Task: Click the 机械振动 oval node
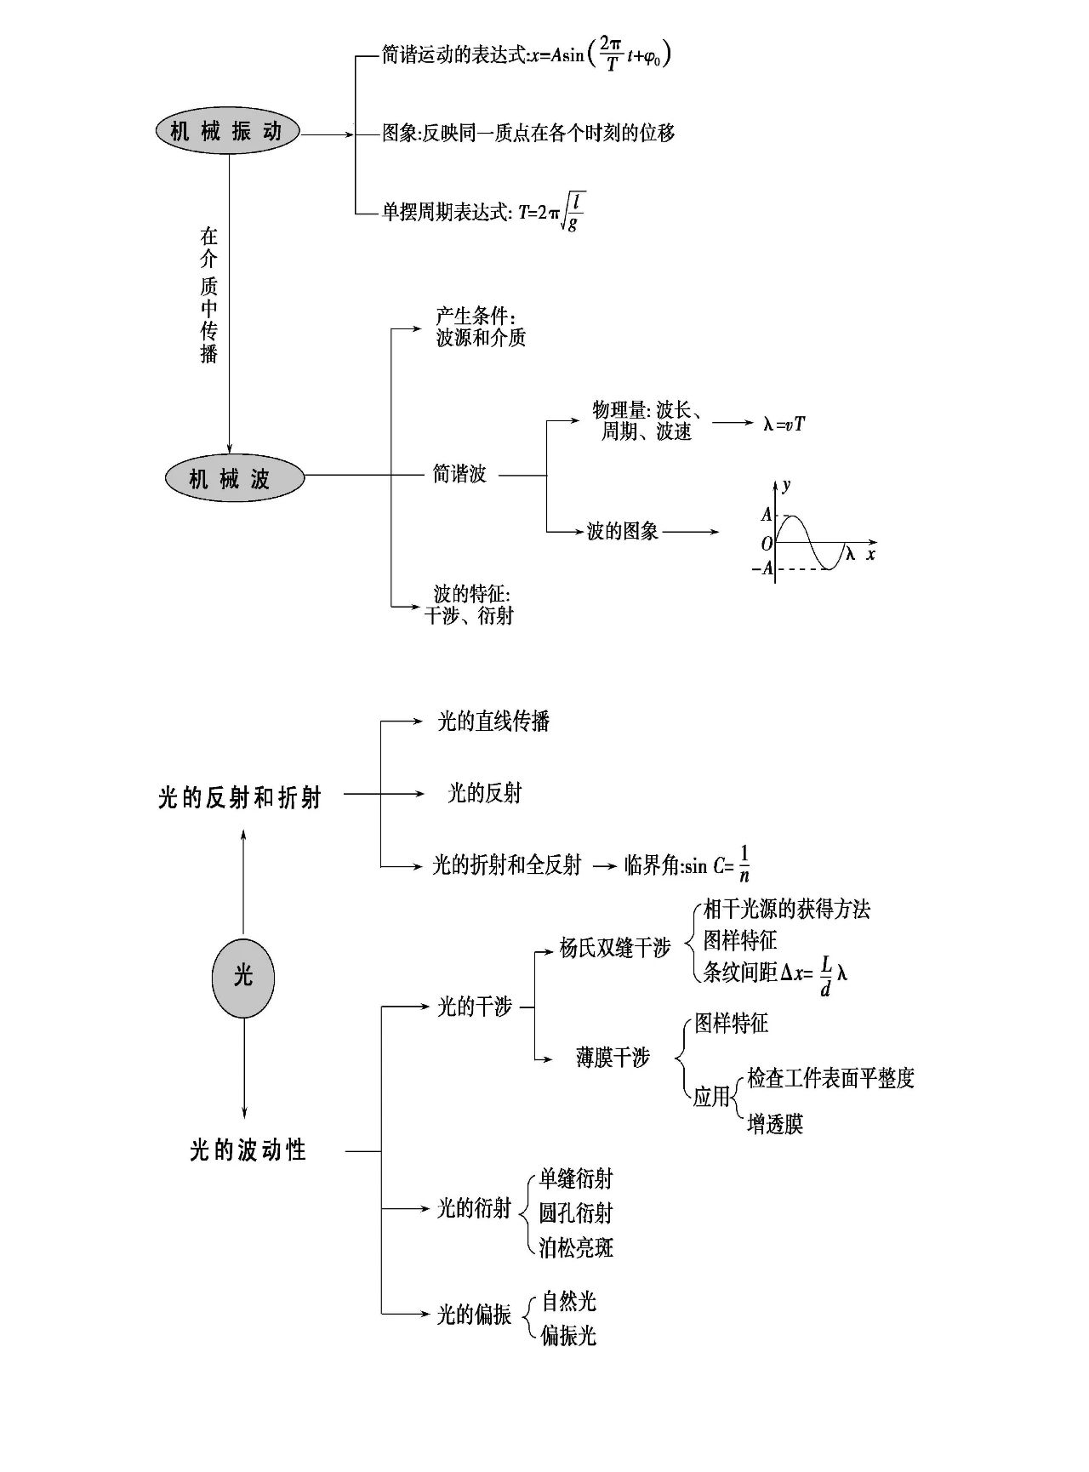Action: (x=227, y=132)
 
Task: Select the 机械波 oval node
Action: (x=234, y=478)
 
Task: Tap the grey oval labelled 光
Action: (x=243, y=976)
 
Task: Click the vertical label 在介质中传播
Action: (x=209, y=294)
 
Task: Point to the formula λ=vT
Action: (x=784, y=423)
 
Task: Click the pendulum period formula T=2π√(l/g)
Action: (x=551, y=212)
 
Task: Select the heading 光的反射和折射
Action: (x=240, y=797)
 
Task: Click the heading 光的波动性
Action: (x=248, y=1151)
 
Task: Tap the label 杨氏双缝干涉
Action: (x=615, y=948)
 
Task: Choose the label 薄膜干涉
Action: (x=613, y=1058)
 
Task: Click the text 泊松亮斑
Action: (x=576, y=1247)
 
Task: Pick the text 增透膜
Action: (x=774, y=1124)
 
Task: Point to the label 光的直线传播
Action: (x=493, y=722)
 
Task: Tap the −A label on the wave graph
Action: (x=763, y=568)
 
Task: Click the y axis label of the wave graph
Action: (x=786, y=485)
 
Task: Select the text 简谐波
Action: (x=459, y=474)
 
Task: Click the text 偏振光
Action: (x=568, y=1335)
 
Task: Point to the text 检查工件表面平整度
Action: (x=830, y=1078)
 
